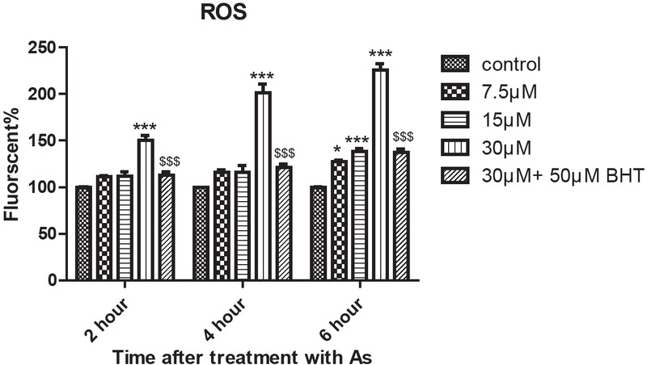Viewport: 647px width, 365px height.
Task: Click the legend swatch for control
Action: point(455,65)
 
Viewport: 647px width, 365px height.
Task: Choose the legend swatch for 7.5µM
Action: point(455,93)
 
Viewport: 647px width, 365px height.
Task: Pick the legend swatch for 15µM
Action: point(455,121)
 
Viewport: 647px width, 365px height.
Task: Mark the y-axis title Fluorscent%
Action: point(14,165)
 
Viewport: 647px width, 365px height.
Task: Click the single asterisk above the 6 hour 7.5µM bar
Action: point(338,150)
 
